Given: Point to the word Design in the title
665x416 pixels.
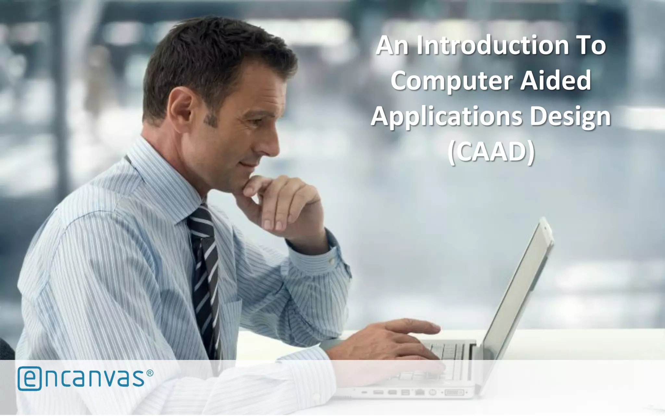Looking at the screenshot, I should point(570,117).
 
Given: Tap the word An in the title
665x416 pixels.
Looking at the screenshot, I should point(392,45).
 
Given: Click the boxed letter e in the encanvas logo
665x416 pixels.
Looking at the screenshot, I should point(30,378).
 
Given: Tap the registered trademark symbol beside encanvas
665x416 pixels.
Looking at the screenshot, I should point(150,373).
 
